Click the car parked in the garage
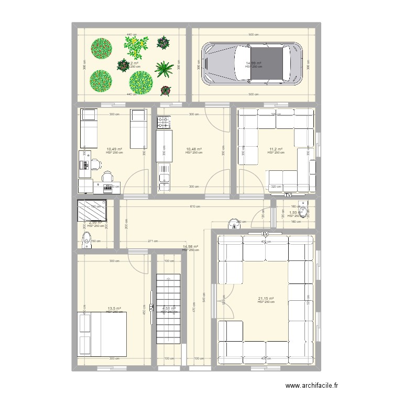(x=253, y=63)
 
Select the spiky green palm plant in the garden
(x=164, y=69)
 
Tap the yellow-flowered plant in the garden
(x=136, y=47)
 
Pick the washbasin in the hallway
(x=233, y=224)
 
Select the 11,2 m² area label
(x=276, y=149)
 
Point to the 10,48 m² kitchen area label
(x=193, y=149)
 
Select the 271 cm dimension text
(x=152, y=241)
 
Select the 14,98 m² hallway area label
(x=190, y=247)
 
